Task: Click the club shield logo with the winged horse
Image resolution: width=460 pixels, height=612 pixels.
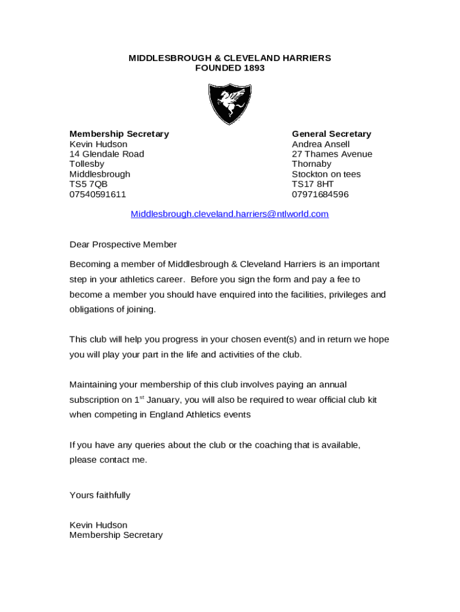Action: coord(230,103)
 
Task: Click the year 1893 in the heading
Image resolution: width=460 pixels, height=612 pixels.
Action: coord(254,68)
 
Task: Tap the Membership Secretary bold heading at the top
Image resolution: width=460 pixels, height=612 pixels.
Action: coord(119,134)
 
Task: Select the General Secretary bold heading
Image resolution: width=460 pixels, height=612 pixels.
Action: coord(331,134)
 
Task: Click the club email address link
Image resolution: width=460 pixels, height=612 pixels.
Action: coord(229,214)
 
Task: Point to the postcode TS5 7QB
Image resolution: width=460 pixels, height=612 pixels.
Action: coord(88,184)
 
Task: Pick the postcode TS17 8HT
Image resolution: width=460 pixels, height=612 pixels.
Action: coord(312,184)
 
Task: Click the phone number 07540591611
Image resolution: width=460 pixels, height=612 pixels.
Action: coord(97,194)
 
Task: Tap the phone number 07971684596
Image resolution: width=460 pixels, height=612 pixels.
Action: coord(320,194)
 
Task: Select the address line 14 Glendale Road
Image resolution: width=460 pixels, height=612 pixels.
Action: coord(106,154)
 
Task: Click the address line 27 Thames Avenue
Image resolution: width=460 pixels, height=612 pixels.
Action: coord(332,154)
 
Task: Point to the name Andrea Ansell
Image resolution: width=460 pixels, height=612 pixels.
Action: coord(321,144)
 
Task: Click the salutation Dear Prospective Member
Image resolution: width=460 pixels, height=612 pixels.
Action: coord(123,244)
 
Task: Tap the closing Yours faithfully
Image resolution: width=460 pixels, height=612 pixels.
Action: coord(100,495)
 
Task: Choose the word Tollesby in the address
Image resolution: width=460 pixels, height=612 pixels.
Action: coord(87,164)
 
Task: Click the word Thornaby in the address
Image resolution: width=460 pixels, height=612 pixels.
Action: coord(311,164)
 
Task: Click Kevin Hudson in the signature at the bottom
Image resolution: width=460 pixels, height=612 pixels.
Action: coord(98,525)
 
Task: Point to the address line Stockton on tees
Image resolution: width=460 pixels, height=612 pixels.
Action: coord(326,174)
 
